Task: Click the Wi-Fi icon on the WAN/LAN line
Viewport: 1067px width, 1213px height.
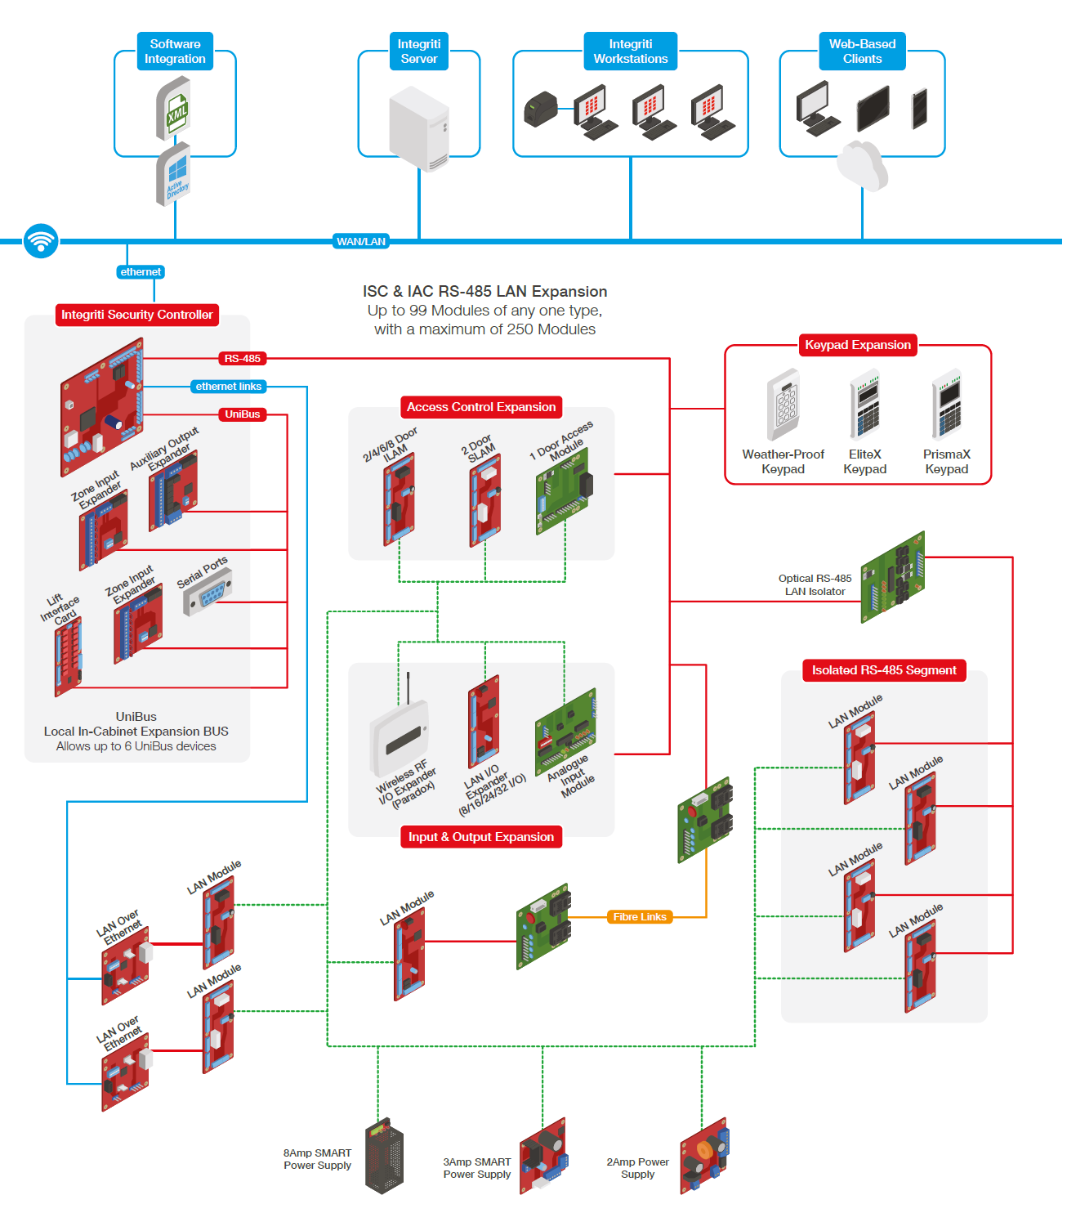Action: (41, 241)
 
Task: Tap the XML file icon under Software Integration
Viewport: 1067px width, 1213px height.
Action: (174, 108)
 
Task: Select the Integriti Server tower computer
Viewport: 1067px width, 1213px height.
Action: (419, 129)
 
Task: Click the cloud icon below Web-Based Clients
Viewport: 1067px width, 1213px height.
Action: (862, 166)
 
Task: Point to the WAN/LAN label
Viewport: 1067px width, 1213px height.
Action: (361, 241)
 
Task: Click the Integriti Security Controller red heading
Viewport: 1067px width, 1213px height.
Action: (136, 315)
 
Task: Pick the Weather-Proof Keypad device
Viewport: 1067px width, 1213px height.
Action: (784, 406)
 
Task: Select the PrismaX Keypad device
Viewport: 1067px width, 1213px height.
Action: (947, 406)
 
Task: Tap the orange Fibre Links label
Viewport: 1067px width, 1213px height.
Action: (640, 917)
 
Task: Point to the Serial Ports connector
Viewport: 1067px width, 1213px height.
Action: (208, 593)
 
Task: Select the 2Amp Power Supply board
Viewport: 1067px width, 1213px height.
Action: (703, 1157)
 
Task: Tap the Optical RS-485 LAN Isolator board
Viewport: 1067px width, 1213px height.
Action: (893, 577)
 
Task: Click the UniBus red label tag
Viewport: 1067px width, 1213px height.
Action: (243, 414)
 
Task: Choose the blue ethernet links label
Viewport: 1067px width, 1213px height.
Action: (228, 387)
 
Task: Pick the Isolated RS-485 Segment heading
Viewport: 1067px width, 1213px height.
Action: (884, 670)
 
